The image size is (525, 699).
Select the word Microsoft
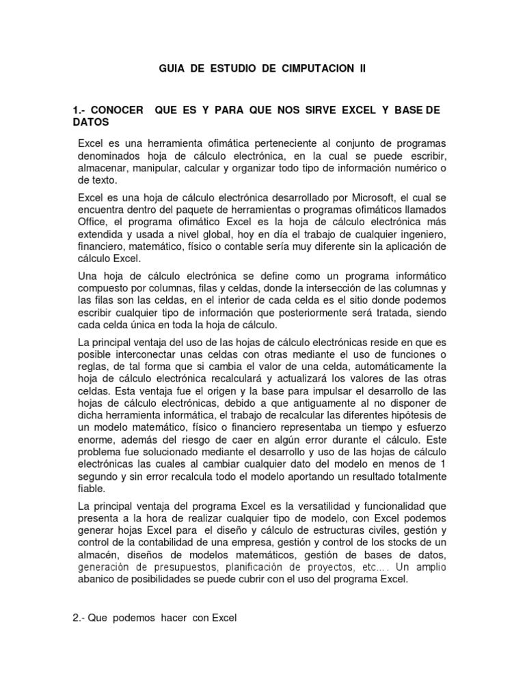tap(372, 198)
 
